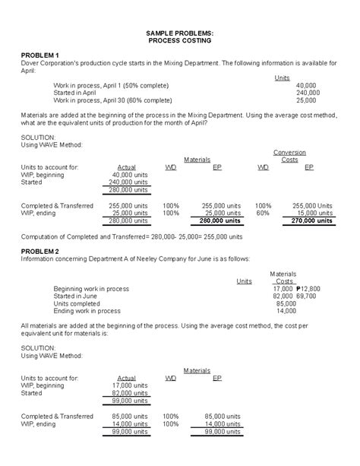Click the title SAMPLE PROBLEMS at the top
click(x=179, y=35)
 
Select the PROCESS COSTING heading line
click(x=179, y=43)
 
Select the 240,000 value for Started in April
click(x=308, y=92)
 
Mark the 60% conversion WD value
click(x=263, y=213)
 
